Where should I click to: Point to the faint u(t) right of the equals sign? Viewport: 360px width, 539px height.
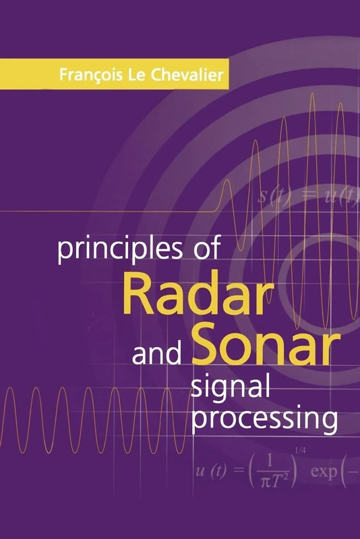tap(335, 197)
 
